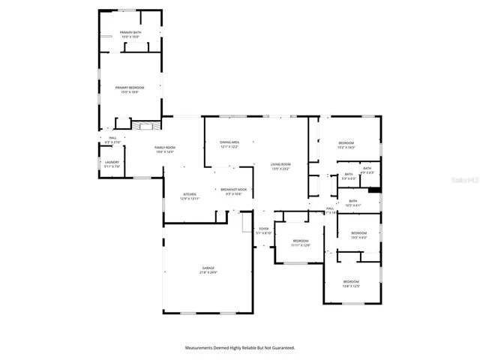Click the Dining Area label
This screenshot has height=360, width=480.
click(229, 144)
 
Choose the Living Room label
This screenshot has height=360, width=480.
click(280, 166)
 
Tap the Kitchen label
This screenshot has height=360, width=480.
click(189, 196)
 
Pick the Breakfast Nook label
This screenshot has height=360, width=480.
click(231, 192)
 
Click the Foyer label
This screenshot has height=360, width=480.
click(263, 230)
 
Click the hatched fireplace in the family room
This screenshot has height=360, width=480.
click(147, 124)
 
